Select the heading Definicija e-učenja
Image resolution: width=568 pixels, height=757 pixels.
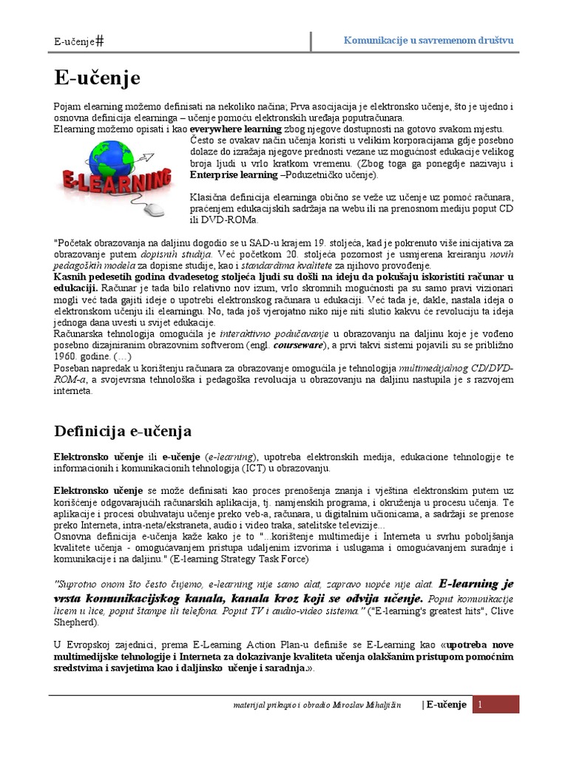(x=124, y=430)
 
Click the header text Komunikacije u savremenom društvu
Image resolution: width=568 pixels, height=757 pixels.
(x=429, y=40)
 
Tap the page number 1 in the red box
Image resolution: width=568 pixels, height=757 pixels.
(x=480, y=705)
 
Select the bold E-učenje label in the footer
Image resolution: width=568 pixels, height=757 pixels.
(x=447, y=705)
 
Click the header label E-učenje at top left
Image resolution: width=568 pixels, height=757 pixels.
(x=74, y=41)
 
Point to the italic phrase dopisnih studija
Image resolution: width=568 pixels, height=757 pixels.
(x=177, y=254)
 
